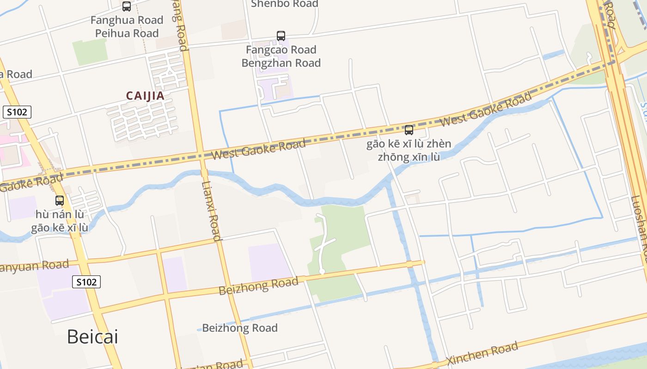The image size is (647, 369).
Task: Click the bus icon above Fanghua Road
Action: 127,6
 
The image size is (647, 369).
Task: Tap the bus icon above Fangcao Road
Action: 281,36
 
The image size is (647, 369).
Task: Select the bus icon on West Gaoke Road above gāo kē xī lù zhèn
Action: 409,130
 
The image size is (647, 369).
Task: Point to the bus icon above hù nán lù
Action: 60,201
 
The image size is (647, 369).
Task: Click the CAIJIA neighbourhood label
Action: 145,96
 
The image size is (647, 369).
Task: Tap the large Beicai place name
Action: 92,337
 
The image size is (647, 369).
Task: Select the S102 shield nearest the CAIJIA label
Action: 17,112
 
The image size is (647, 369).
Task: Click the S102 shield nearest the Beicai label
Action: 86,282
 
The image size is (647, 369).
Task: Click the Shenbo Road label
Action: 284,4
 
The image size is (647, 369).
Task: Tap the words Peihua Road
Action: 127,33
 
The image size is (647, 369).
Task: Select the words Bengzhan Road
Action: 281,63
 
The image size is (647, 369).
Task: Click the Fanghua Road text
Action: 127,20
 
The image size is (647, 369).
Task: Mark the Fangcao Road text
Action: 281,50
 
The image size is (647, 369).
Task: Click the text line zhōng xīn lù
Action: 409,157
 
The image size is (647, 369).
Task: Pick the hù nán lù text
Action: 60,214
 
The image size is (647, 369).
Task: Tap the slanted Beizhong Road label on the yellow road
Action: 258,286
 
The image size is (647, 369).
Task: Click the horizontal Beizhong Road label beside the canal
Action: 240,328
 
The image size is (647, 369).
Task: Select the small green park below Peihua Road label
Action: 90,52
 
